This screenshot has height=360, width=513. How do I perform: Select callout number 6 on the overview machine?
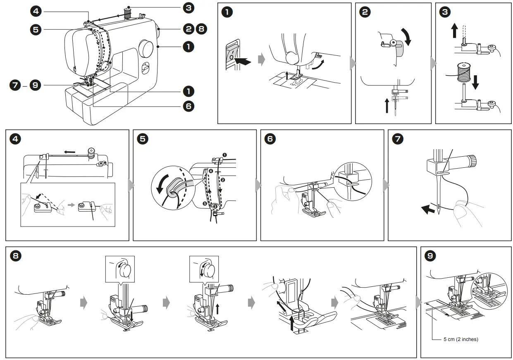(x=188, y=106)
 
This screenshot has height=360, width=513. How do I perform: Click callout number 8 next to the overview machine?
(x=201, y=29)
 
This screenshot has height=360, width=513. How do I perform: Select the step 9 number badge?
(x=430, y=256)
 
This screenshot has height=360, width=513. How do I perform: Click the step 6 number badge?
(x=270, y=139)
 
